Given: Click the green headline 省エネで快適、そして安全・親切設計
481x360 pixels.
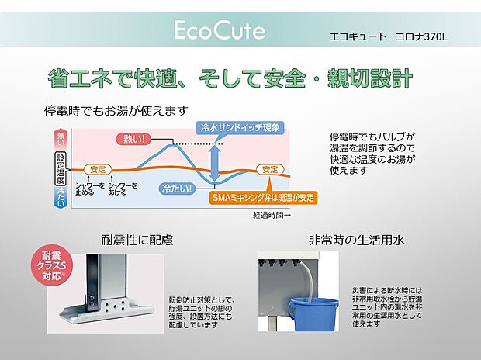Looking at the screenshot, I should [x=230, y=79].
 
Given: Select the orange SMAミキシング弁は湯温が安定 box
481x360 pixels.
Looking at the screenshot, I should [x=264, y=197].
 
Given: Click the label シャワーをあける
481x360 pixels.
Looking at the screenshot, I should [x=123, y=189].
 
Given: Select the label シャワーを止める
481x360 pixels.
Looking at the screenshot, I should [x=90, y=189].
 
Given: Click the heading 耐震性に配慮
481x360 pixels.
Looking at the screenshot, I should [x=137, y=239].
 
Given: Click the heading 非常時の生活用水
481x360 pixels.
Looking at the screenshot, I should [x=356, y=239].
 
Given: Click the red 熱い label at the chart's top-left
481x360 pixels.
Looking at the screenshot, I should [x=61, y=139].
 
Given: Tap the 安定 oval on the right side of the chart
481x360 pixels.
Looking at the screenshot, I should [x=269, y=168].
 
